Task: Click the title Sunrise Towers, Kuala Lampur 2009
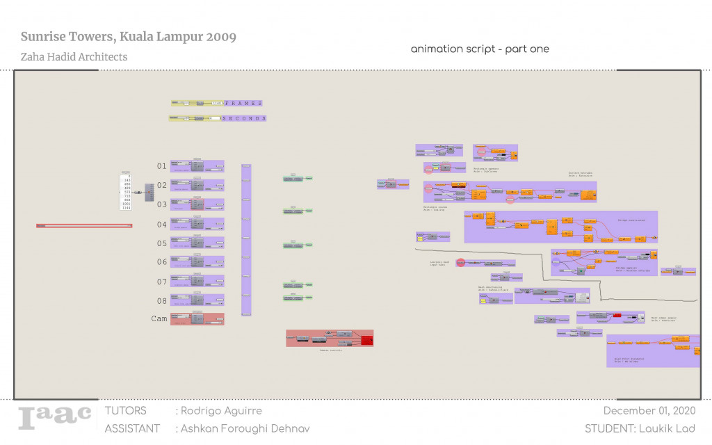128,37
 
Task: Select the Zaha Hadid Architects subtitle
74,57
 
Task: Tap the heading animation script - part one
480,49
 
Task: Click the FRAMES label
243,103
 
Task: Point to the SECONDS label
244,119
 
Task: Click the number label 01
161,166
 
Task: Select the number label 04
161,225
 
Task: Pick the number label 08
161,301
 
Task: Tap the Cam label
159,318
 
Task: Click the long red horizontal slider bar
84,225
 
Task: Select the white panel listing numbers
126,191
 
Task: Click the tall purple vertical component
246,240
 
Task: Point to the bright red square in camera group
366,340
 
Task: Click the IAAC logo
55,416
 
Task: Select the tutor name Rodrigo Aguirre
220,411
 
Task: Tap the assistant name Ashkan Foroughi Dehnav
245,428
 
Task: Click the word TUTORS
126,411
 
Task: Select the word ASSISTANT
132,428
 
